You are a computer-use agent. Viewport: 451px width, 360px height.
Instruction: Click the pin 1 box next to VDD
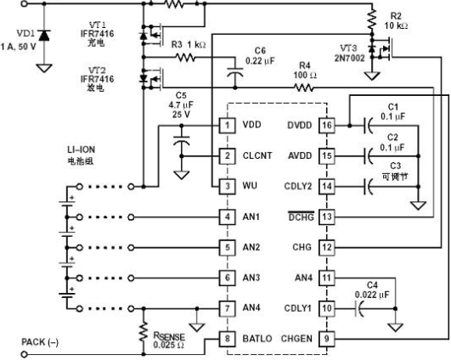coord(228,126)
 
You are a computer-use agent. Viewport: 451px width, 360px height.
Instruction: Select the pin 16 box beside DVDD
coord(327,126)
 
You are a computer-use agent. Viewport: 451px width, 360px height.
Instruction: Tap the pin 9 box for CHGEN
coord(327,339)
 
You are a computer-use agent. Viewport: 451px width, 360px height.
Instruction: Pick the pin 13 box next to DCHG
coord(327,217)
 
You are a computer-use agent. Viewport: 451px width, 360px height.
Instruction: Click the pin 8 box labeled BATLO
coord(228,339)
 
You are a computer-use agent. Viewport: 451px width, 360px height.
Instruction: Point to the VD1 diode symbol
coord(44,35)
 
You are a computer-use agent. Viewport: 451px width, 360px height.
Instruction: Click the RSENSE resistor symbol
coord(144,332)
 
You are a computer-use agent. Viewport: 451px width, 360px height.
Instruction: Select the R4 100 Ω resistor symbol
coord(304,87)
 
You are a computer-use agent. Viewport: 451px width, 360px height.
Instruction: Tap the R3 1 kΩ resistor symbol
coord(185,58)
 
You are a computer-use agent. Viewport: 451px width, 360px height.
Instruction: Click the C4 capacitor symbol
coord(359,309)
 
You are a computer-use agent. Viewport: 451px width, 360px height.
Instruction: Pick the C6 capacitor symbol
coord(235,72)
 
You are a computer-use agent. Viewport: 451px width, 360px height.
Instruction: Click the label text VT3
coord(348,48)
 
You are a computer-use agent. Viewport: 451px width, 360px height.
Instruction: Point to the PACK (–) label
coord(40,342)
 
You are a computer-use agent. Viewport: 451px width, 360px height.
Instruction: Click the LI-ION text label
coord(81,149)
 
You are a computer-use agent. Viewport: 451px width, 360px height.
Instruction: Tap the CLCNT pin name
coord(257,155)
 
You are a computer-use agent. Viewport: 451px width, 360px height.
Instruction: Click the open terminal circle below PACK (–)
coord(25,354)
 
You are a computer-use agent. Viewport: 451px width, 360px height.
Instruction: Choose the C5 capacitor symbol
coord(182,141)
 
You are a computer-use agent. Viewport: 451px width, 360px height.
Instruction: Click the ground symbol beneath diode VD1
coord(44,69)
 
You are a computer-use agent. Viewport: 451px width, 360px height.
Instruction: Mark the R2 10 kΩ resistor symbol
coord(372,20)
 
